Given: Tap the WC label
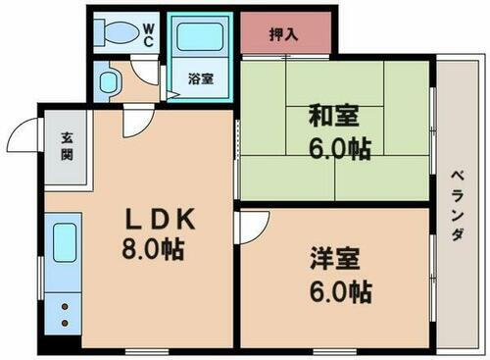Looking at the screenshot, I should (149, 34).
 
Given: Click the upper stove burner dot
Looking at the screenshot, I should (65, 306).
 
